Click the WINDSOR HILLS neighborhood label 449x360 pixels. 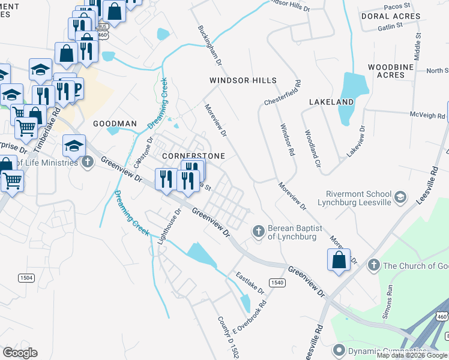coord(243,80)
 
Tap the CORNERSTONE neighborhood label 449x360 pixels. coord(194,156)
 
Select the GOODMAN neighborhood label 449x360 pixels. coord(115,124)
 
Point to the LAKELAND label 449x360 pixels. coord(331,102)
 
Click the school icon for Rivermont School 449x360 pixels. coord(400,196)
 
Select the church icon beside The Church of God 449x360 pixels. coord(373,265)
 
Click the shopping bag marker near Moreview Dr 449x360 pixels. coord(339,260)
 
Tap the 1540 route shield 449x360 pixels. coord(276,282)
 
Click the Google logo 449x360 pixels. coord(20,353)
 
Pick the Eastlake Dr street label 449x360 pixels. coord(249,284)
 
